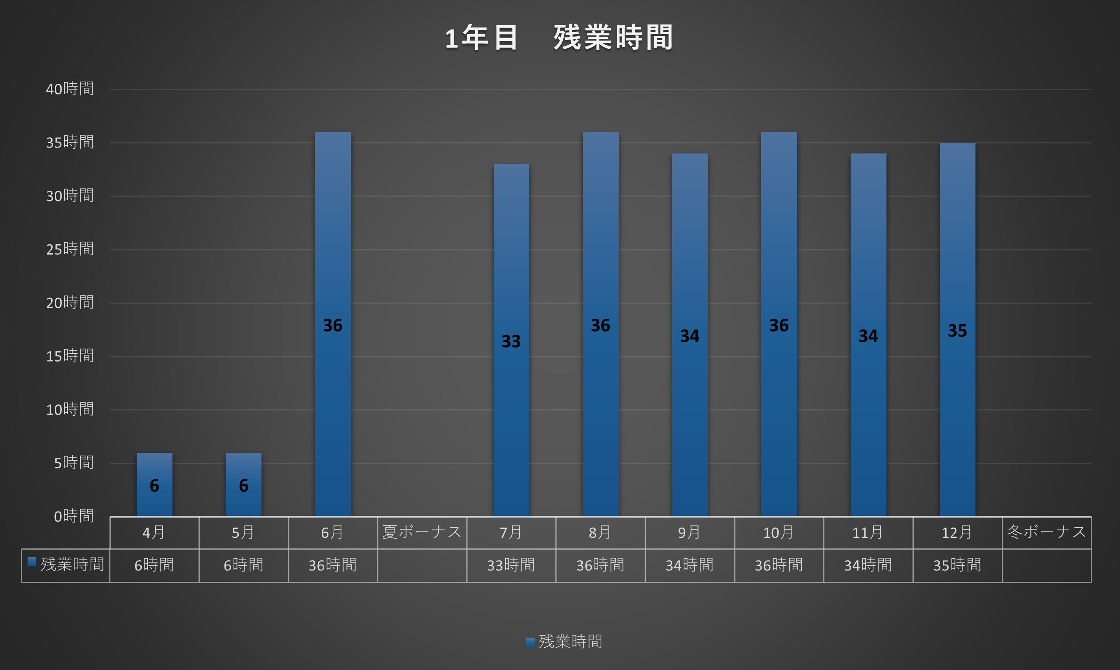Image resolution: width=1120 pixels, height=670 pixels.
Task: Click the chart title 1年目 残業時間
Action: click(x=559, y=37)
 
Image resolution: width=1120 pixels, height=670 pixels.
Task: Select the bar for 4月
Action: click(x=154, y=469)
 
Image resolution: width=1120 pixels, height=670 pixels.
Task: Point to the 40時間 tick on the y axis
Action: click(x=70, y=89)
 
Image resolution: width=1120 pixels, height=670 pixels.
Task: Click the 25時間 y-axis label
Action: click(x=70, y=249)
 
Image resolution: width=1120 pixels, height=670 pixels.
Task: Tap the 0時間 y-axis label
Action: click(x=74, y=516)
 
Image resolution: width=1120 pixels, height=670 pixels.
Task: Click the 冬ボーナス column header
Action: click(x=1046, y=532)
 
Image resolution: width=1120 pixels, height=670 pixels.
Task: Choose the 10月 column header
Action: click(x=779, y=533)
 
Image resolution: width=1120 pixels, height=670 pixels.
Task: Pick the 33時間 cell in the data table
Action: click(x=511, y=565)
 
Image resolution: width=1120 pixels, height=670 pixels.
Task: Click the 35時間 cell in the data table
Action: click(x=957, y=565)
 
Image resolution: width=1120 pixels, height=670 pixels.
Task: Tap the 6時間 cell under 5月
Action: click(x=243, y=565)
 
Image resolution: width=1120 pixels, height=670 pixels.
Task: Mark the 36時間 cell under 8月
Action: click(x=600, y=565)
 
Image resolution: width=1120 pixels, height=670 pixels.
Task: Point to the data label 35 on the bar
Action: click(x=957, y=331)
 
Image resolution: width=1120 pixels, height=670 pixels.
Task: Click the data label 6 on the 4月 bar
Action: click(x=154, y=486)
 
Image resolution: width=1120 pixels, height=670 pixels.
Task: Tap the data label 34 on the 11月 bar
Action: click(x=868, y=336)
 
